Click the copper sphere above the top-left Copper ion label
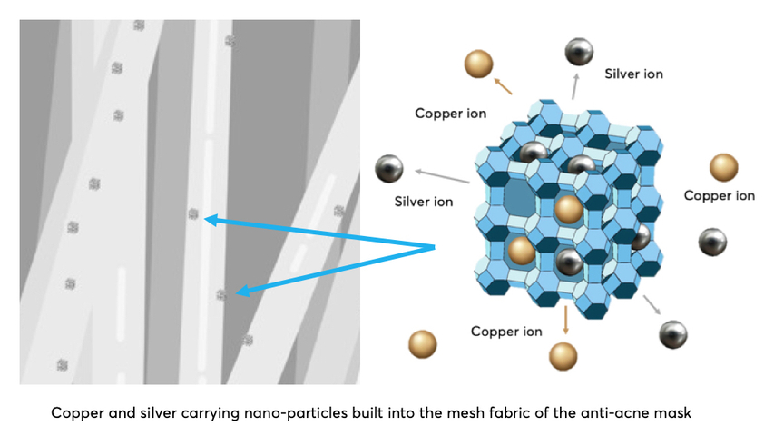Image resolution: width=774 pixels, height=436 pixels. coord(478,64)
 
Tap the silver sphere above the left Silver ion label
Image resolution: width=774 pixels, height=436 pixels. coord(389,168)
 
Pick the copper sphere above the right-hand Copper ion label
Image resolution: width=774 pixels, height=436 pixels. coord(723,167)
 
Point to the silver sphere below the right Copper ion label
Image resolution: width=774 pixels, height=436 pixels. coord(711,242)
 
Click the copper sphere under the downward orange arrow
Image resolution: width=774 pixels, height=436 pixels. coord(563,355)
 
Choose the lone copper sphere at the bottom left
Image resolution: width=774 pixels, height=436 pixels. coord(423,344)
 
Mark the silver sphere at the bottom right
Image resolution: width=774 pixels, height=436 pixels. coord(673,332)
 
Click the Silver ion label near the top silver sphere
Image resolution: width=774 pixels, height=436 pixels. coord(633,74)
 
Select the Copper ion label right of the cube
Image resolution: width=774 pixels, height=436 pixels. coord(719,195)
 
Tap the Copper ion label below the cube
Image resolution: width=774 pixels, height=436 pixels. coord(506,332)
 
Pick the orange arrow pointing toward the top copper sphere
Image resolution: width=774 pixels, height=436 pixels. coord(503,86)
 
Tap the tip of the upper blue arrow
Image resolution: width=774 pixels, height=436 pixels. coord(206,218)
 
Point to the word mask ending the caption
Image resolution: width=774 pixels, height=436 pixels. coord(672,413)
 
